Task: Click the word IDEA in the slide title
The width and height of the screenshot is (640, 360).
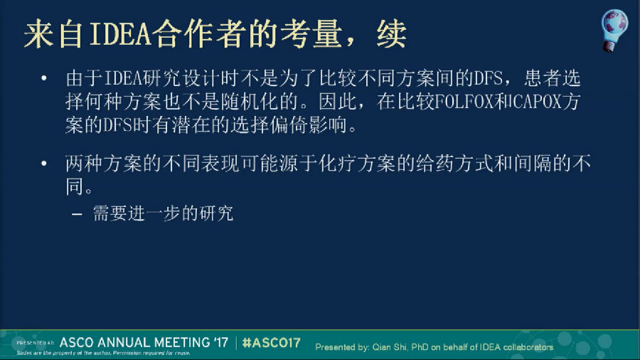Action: coord(120,34)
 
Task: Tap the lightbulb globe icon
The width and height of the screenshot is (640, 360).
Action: coord(614,30)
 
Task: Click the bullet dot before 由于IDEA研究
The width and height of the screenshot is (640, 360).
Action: coord(44,78)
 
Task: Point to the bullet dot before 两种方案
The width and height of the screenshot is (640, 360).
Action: coord(44,164)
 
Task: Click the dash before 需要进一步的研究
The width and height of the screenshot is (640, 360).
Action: coord(77,214)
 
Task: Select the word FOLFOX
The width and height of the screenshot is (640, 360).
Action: coord(464,102)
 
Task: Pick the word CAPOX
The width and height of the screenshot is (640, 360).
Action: coord(537,102)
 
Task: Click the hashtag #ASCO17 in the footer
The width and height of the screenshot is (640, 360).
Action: coord(272,342)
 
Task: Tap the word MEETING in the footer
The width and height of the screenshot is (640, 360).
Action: coord(178,342)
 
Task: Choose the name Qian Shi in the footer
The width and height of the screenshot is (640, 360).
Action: coord(389,347)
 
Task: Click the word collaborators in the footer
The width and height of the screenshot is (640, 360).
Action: coord(528,347)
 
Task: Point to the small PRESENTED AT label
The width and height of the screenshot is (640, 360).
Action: coord(35,343)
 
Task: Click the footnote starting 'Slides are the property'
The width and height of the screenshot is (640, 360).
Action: coord(103,353)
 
